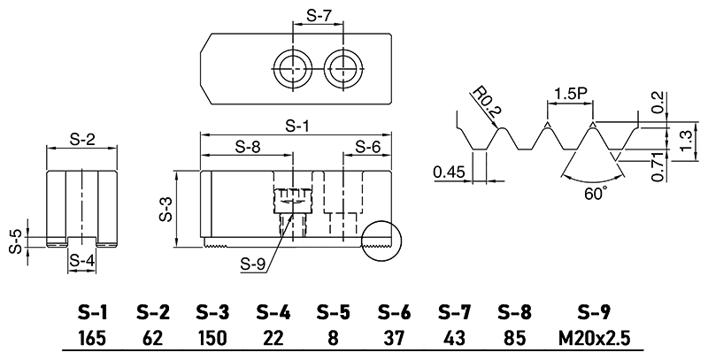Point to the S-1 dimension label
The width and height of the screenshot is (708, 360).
(297, 126)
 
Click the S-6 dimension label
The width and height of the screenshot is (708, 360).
(369, 147)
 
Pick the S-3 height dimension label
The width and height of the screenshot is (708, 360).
(165, 211)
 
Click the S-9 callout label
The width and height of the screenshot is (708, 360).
(253, 263)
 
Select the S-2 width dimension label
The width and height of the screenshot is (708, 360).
(82, 139)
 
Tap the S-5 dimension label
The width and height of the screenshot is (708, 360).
(15, 241)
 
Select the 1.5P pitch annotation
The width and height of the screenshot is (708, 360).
(567, 94)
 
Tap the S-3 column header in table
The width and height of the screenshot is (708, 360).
(212, 312)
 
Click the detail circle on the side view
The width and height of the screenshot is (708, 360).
(381, 240)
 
